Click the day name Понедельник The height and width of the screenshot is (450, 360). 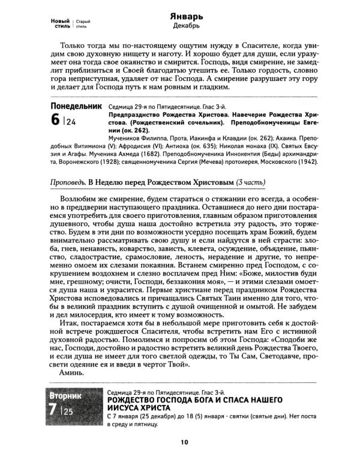[77, 106]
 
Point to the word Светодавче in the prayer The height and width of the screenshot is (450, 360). [272, 353]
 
